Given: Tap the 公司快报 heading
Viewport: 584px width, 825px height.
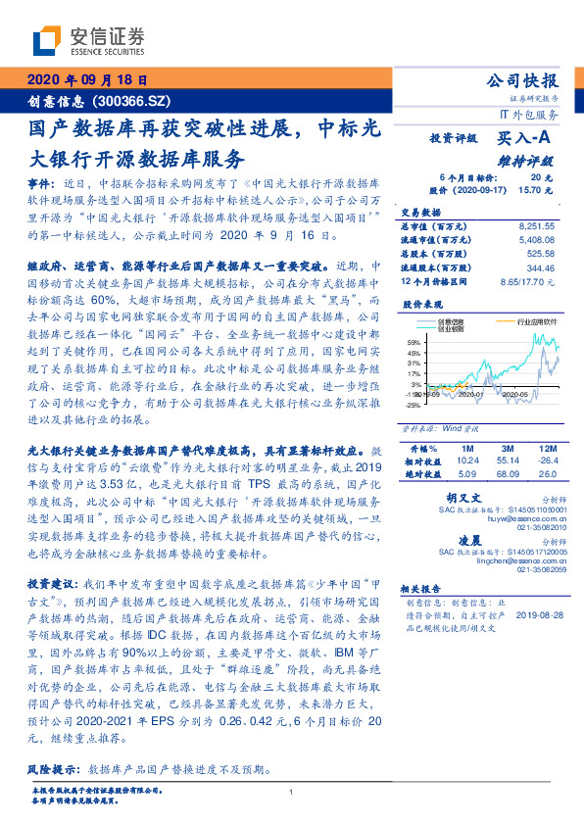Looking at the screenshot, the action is (522, 81).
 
